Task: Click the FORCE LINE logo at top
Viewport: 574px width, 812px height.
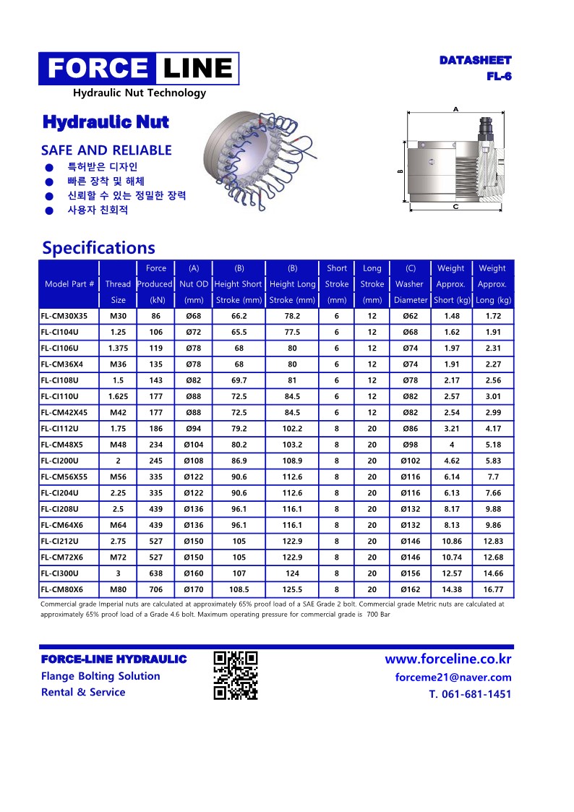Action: tap(139, 69)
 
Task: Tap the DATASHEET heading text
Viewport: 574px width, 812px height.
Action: tap(475, 61)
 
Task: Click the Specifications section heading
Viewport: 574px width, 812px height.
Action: tap(98, 248)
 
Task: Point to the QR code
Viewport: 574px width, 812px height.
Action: tap(236, 675)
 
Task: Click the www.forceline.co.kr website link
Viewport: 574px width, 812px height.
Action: tap(447, 659)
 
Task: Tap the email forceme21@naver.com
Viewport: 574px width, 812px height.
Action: tap(453, 678)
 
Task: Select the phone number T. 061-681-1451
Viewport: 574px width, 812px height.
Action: tap(470, 694)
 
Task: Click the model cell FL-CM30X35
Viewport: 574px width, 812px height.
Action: tap(64, 316)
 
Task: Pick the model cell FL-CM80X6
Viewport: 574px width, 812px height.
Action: tap(62, 589)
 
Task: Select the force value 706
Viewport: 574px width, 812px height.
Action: tap(155, 589)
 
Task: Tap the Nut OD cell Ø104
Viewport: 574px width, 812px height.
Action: tap(193, 445)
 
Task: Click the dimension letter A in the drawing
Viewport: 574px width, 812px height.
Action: tap(455, 108)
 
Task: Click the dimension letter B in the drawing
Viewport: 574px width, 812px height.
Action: tap(400, 171)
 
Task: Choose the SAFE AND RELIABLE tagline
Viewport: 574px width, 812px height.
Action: tap(106, 150)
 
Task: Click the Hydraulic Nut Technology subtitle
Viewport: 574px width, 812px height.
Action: tap(139, 93)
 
